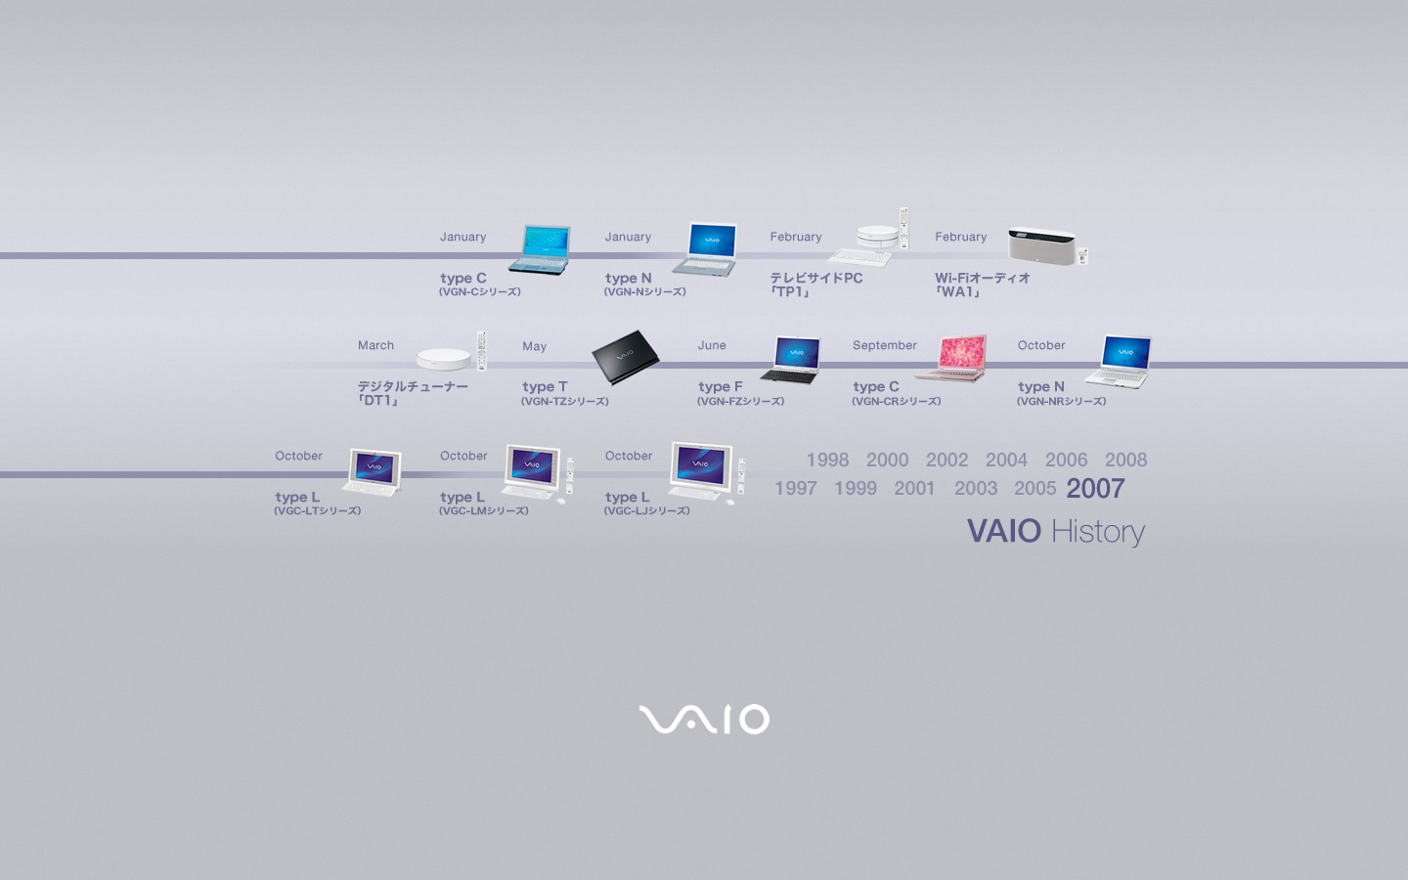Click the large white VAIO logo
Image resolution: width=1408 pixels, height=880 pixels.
tap(704, 719)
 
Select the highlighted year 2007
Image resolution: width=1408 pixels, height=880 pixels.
tap(1095, 489)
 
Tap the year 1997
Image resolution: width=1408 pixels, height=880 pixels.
tap(795, 489)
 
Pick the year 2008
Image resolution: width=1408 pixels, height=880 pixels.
tap(1125, 460)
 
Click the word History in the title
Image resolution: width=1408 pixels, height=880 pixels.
tap(1097, 532)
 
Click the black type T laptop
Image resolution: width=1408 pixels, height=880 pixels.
tap(626, 356)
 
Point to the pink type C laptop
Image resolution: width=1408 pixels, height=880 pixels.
tap(951, 358)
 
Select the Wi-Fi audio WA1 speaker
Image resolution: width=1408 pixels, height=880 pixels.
tap(1042, 245)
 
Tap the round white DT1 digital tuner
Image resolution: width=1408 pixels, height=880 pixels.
tap(443, 358)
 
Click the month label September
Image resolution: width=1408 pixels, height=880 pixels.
tap(884, 345)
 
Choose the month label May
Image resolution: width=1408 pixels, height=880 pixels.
tap(534, 346)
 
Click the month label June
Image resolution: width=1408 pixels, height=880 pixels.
tap(712, 345)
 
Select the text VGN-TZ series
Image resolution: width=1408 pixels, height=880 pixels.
tap(564, 401)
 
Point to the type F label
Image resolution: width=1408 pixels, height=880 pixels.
tap(720, 386)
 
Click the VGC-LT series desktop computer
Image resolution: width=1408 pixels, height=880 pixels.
tap(373, 472)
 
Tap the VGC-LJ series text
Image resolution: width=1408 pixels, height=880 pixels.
tap(647, 510)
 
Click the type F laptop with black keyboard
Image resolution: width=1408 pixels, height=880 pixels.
tap(791, 360)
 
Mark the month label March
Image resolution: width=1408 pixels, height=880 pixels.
tap(375, 345)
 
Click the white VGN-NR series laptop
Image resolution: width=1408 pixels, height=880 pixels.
tap(1119, 362)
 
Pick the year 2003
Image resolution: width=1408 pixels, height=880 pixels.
tap(976, 489)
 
